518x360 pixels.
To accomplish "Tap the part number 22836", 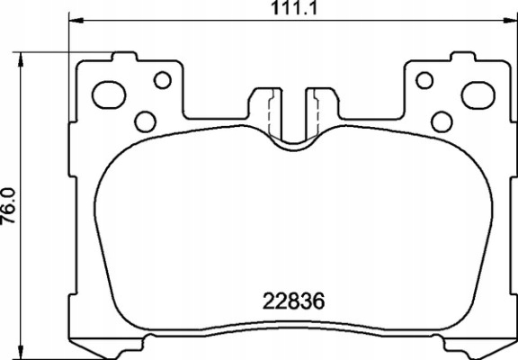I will [291, 300].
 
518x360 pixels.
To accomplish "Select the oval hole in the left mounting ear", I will [111, 93].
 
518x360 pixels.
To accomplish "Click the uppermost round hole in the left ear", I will [162, 80].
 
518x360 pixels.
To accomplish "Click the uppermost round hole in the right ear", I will [423, 80].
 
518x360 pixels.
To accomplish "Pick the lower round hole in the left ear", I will [145, 120].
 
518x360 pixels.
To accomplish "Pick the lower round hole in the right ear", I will [441, 120].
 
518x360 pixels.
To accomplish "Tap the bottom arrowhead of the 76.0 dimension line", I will [19, 352].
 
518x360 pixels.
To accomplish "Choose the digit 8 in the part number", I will [291, 300].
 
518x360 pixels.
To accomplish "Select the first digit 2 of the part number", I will [266, 300].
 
